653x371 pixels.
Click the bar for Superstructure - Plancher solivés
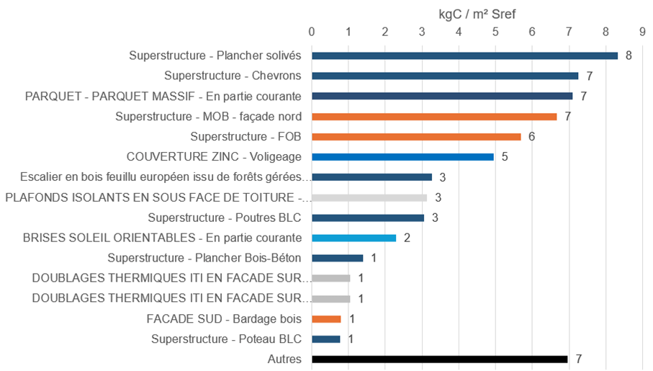click(464, 55)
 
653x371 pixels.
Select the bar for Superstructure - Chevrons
click(445, 76)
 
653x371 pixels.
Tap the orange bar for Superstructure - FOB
click(416, 137)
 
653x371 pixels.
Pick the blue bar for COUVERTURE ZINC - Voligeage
click(402, 156)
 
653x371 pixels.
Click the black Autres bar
click(439, 359)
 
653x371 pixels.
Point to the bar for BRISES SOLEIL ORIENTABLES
click(353, 238)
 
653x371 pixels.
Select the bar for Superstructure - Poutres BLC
click(368, 218)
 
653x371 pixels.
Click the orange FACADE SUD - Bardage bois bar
click(326, 318)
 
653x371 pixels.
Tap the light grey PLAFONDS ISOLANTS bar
click(369, 197)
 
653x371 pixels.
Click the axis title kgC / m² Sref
click(477, 14)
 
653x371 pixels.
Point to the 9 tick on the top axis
click(641, 32)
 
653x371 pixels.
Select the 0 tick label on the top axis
click(312, 32)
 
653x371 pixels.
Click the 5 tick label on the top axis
click(495, 32)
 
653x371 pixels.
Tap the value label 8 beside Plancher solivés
click(629, 55)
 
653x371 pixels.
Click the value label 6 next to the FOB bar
click(531, 137)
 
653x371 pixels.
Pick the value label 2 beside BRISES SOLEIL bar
click(407, 238)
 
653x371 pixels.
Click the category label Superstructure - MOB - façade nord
click(208, 117)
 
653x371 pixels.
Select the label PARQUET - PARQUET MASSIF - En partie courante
click(163, 96)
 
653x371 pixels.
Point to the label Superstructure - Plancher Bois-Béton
click(204, 258)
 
